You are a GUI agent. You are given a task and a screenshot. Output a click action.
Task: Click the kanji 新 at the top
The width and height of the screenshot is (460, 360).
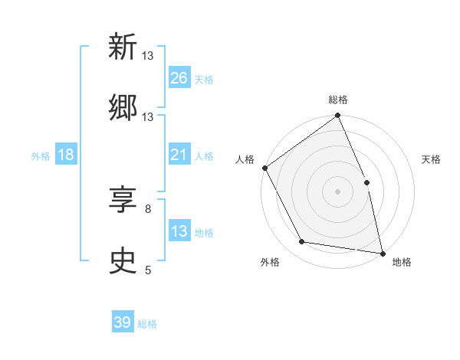point(123,48)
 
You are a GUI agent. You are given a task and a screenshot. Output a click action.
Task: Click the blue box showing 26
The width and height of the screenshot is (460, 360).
point(179,78)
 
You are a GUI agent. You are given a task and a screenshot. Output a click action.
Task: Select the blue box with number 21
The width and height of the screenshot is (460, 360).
point(179,155)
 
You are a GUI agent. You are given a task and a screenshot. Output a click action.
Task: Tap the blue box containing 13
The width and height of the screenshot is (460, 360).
point(179,231)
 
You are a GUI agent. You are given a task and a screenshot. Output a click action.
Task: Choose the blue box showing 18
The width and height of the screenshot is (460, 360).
point(66,155)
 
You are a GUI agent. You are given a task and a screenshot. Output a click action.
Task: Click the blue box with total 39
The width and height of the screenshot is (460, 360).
point(123,322)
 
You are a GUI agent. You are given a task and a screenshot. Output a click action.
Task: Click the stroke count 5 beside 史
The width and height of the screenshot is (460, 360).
point(148,270)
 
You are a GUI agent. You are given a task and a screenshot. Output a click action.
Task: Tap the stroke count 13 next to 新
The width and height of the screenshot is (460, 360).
point(148,56)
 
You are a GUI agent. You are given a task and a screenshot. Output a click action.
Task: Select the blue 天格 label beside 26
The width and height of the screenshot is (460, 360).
point(204,79)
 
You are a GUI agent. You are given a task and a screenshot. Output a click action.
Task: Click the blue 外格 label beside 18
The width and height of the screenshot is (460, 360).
point(41,155)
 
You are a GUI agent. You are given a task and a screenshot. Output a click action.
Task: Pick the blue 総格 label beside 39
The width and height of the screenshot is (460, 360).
point(147,324)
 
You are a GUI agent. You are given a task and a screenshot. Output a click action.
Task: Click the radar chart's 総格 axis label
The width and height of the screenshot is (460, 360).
point(338,100)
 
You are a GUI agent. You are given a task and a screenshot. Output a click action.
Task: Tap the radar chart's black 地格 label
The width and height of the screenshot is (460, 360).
point(402,262)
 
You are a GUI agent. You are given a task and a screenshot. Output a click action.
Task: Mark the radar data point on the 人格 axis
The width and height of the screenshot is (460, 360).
point(264,168)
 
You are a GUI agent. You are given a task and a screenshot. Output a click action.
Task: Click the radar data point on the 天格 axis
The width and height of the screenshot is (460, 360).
point(366,182)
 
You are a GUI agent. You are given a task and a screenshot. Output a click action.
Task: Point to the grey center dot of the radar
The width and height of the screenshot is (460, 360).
point(338,191)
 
